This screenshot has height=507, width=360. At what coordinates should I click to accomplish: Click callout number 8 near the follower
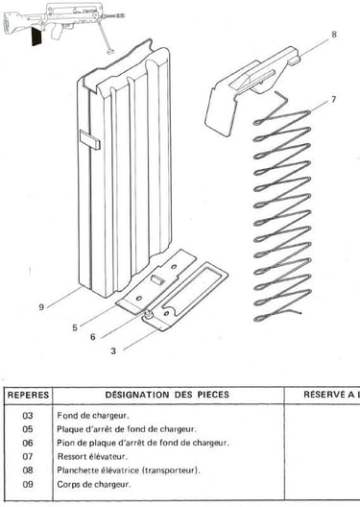pyautogui.click(x=334, y=34)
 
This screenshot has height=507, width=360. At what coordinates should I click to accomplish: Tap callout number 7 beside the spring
pyautogui.click(x=333, y=99)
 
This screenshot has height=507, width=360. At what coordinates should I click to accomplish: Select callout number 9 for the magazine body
pyautogui.click(x=41, y=307)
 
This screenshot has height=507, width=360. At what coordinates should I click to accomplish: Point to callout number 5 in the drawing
pyautogui.click(x=75, y=327)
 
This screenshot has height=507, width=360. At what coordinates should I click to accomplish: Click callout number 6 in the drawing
pyautogui.click(x=93, y=337)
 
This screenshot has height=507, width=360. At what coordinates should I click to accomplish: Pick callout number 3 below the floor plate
pyautogui.click(x=113, y=350)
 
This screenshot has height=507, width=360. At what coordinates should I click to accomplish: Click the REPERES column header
pyautogui.click(x=28, y=395)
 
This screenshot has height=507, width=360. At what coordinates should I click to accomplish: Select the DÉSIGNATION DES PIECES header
pyautogui.click(x=167, y=395)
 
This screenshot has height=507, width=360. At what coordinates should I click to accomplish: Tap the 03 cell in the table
pyautogui.click(x=28, y=415)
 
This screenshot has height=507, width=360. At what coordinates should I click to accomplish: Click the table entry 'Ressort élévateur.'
pyautogui.click(x=92, y=456)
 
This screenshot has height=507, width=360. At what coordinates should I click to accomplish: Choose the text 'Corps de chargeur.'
pyautogui.click(x=94, y=484)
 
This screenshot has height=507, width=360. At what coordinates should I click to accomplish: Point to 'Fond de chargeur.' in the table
pyautogui.click(x=93, y=415)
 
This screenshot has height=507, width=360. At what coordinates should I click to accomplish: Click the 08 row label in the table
pyautogui.click(x=28, y=471)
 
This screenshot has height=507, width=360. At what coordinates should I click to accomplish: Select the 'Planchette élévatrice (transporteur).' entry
pyautogui.click(x=129, y=471)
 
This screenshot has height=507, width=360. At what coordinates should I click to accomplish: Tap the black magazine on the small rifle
pyautogui.click(x=36, y=36)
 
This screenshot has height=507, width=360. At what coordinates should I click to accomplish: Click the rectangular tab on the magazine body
pyautogui.click(x=90, y=139)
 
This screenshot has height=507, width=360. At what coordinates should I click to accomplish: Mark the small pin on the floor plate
pyautogui.click(x=149, y=314)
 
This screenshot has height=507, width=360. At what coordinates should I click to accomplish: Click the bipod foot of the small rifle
pyautogui.click(x=111, y=51)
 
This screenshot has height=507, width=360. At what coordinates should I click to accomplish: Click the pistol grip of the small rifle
pyautogui.click(x=57, y=33)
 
